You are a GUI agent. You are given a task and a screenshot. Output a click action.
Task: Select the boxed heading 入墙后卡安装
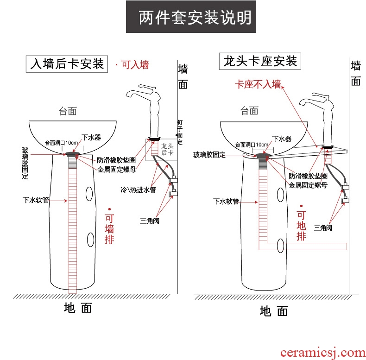[67, 64]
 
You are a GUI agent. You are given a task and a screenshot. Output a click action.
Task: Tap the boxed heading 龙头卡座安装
[260, 61]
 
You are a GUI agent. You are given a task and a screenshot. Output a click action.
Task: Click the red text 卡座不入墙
[258, 84]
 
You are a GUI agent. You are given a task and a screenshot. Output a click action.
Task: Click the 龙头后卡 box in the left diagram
[166, 149]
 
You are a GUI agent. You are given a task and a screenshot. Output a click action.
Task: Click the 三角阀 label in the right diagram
[322, 227]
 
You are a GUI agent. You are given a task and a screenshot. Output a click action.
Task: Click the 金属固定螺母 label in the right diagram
[308, 185]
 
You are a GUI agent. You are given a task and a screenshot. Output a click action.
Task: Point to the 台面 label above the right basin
[249, 110]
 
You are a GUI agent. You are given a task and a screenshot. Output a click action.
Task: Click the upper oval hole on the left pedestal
[88, 194]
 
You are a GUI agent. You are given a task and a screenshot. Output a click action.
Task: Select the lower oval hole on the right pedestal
[280, 246]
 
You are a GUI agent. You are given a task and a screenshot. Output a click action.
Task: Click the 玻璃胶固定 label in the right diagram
[209, 155]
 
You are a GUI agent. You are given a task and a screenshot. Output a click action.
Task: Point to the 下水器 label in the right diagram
[282, 139]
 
